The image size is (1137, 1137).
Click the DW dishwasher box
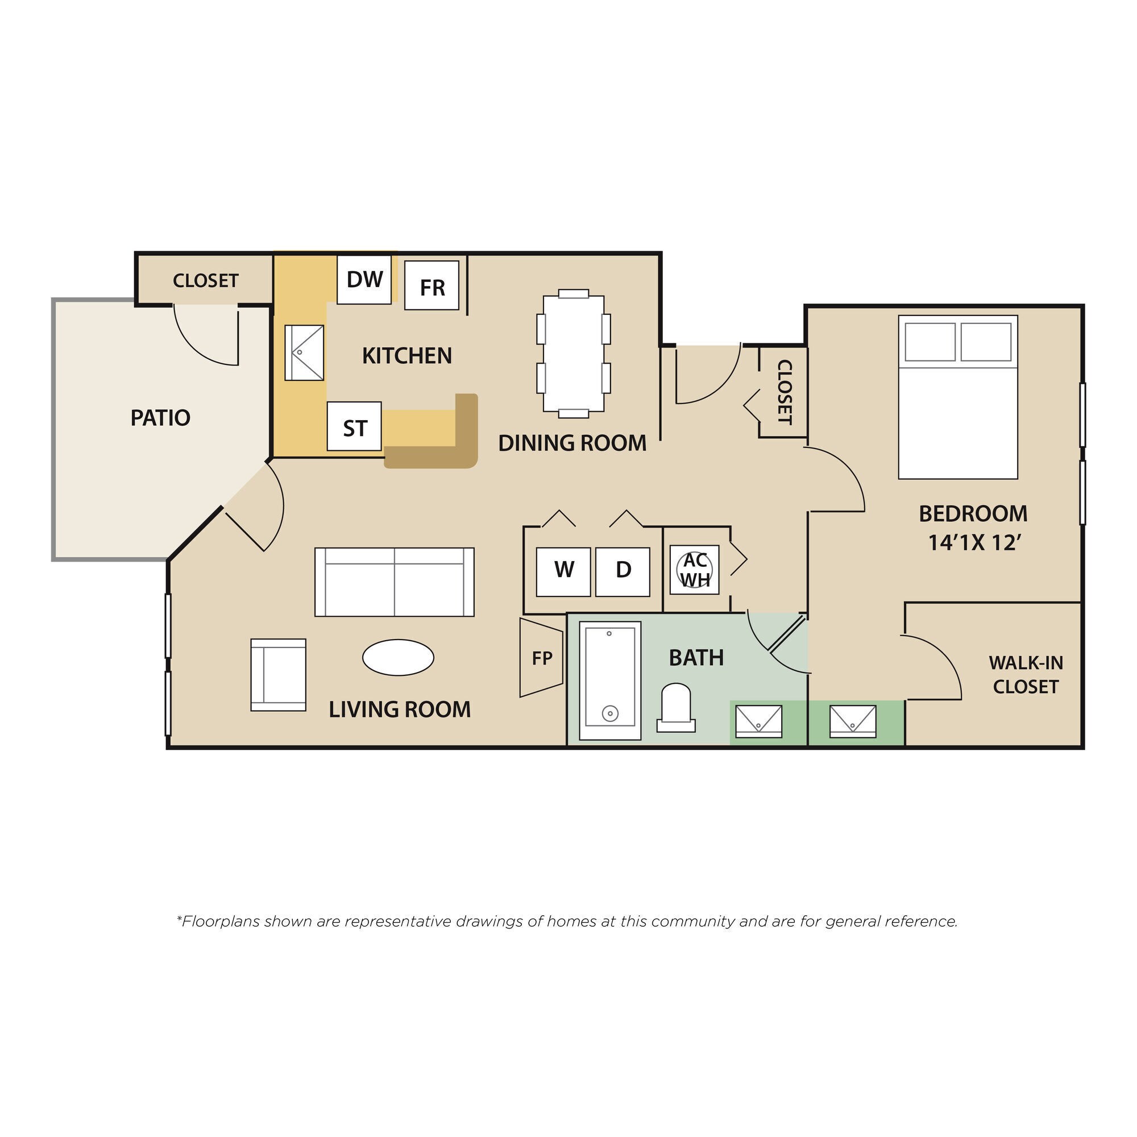364,280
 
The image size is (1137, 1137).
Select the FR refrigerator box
431,287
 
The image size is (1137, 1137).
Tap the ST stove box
354,428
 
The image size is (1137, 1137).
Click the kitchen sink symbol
304,352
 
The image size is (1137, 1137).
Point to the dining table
573,353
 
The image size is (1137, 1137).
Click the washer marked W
563,571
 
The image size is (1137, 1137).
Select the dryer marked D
623,571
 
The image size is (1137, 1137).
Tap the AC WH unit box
695,570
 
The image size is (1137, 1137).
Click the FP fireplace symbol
541,658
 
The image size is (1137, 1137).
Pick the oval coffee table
398,657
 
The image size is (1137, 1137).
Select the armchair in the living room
279,675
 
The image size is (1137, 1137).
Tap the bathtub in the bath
609,681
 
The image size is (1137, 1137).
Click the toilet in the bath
675,708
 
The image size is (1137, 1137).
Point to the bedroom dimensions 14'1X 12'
973,542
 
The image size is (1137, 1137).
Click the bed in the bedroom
957,398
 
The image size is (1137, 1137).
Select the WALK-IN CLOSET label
1025,675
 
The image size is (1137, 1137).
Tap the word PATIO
160,418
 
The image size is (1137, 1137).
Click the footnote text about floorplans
567,921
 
